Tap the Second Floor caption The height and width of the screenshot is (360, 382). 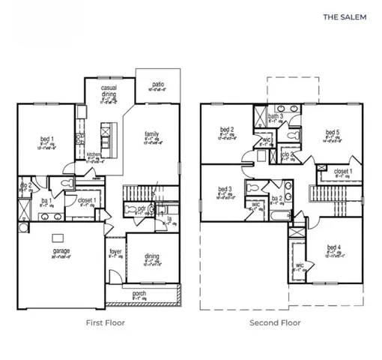[276, 323]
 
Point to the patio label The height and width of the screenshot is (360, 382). [158, 85]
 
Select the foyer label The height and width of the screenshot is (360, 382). [115, 252]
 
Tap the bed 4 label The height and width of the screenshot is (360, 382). [334, 248]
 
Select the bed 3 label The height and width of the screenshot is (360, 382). [225, 189]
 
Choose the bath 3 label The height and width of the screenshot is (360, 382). [276, 117]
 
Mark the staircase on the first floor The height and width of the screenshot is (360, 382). [140, 193]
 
